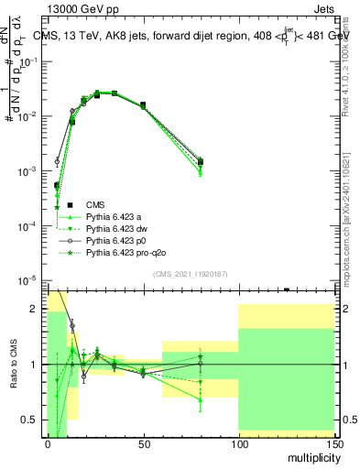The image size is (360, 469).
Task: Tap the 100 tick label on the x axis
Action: (238, 443)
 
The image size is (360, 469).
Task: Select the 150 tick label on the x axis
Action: (333, 443)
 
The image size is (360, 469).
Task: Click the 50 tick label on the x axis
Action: (143, 443)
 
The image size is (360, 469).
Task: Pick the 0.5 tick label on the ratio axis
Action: (29, 420)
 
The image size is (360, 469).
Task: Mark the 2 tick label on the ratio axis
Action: (34, 310)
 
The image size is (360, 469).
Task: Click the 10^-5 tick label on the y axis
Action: (27, 280)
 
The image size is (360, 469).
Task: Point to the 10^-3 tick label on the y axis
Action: (27, 171)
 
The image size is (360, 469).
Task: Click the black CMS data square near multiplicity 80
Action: (200, 162)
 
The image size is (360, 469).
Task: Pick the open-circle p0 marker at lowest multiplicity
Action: (57, 161)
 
